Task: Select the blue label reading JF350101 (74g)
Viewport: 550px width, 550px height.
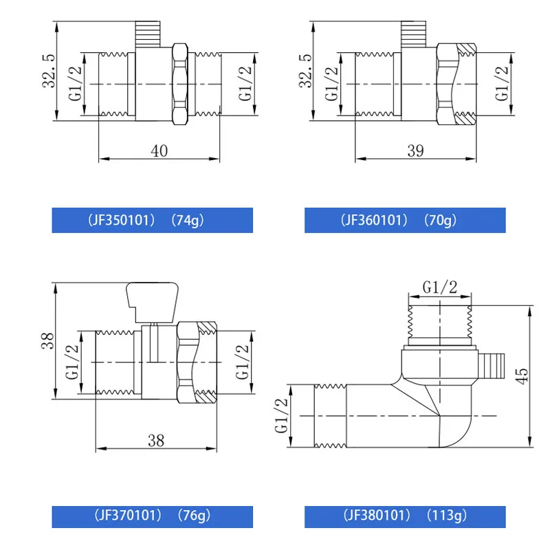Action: (153, 221)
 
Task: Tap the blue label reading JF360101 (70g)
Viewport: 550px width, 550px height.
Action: (405, 221)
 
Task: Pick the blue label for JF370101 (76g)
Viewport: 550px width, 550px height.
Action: (153, 515)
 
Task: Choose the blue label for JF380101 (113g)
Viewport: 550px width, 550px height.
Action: (405, 515)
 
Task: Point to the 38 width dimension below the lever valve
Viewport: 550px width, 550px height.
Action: (156, 441)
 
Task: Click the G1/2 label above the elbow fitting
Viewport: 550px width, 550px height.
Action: (440, 288)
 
